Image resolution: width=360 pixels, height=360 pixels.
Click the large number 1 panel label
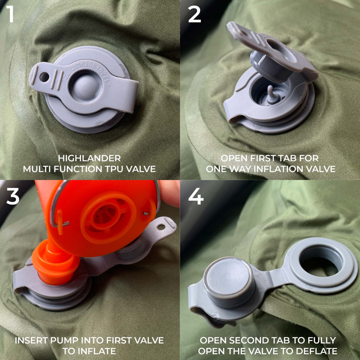[x=10, y=14]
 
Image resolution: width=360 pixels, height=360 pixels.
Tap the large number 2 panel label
[x=194, y=14]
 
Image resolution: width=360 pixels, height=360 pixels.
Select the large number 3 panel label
[x=13, y=196]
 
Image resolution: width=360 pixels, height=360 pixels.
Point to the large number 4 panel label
[x=196, y=196]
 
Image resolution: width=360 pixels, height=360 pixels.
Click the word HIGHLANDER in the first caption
[x=89, y=158]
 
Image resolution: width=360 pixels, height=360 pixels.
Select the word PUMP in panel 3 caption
[x=64, y=340]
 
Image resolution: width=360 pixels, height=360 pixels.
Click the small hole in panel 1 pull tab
[x=44, y=77]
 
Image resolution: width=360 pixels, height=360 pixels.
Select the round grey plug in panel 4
[x=229, y=282]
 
